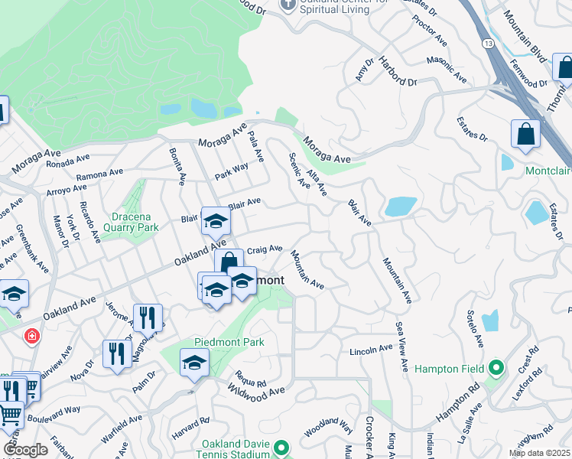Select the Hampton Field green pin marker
click(x=496, y=369)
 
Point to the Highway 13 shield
click(x=488, y=46)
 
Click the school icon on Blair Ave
click(x=216, y=222)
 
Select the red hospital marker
click(x=31, y=335)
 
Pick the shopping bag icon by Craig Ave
click(x=228, y=262)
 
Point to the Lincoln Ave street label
click(x=370, y=350)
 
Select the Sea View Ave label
click(x=401, y=347)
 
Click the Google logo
click(x=25, y=450)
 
